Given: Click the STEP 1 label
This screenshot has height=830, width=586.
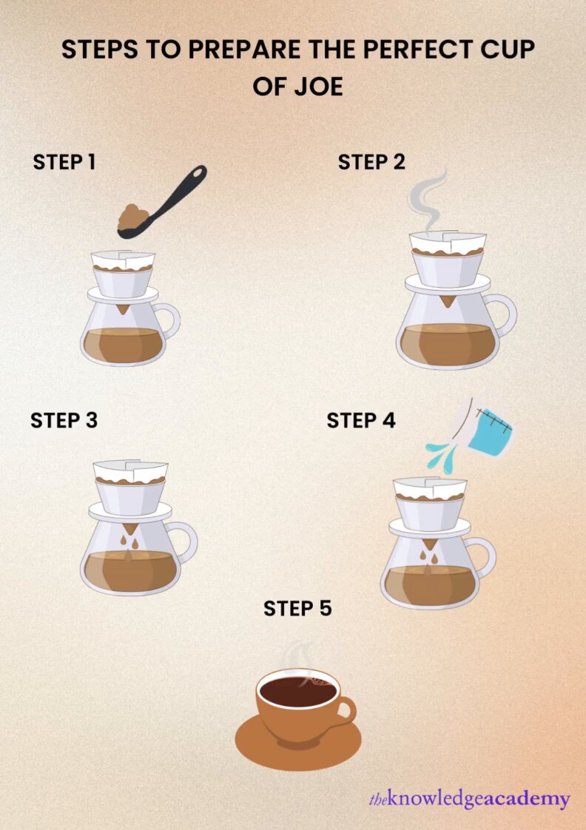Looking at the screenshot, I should tap(64, 162).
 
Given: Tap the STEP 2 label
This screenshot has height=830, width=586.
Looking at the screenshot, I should tap(371, 162).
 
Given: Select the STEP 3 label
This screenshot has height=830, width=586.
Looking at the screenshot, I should tap(64, 420).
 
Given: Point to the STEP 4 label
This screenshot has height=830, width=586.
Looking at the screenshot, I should tap(361, 420).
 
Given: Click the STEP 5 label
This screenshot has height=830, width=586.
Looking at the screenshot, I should tap(297, 608).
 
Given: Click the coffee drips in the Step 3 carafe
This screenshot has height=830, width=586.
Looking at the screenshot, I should tap(132, 545).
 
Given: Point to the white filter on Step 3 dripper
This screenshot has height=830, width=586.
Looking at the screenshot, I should tap(130, 471).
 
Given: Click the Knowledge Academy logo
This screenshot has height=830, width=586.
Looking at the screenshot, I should tap(469, 799).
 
